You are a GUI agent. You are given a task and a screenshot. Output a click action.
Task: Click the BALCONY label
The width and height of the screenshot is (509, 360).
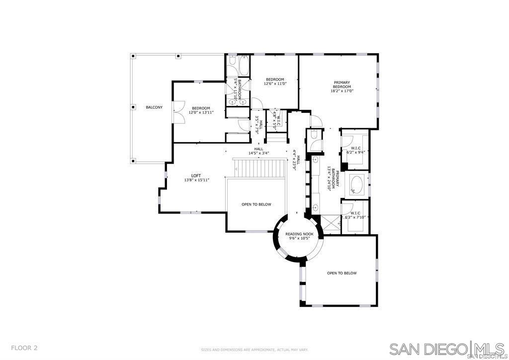point(154,107)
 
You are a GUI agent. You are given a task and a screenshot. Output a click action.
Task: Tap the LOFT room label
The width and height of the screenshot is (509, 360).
point(196,176)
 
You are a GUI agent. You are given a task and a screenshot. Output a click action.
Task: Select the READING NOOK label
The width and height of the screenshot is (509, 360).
point(299,234)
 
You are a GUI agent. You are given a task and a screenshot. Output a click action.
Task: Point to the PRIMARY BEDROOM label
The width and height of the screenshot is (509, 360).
point(342,85)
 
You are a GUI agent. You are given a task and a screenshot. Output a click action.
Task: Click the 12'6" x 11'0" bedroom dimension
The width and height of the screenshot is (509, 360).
point(275,84)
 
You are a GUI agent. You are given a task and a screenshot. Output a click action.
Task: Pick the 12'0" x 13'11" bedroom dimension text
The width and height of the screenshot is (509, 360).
point(201,113)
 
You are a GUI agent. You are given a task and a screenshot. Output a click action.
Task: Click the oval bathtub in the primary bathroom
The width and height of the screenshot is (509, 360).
point(356,184)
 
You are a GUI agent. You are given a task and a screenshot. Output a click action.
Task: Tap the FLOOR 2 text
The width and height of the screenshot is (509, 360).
point(24,348)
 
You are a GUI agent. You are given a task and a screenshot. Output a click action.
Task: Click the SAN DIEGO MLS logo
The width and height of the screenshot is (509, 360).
point(447,349)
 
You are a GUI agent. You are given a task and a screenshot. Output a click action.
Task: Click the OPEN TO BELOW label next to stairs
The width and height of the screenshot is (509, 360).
point(256,204)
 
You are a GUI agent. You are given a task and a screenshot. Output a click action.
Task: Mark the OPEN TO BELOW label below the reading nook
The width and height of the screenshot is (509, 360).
point(341,273)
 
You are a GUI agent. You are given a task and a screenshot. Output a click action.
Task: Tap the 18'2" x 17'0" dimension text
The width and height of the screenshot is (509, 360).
point(342,91)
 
